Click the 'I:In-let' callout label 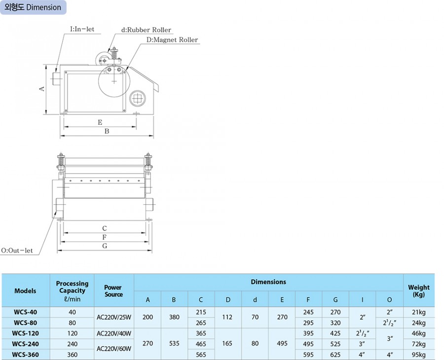(x=82, y=29)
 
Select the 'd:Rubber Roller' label (x=146, y=30)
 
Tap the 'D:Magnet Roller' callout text (x=172, y=40)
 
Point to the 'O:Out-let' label (x=17, y=251)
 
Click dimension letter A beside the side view (x=41, y=89)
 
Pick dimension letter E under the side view (x=100, y=122)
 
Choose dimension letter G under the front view (x=105, y=246)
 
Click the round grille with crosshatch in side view (x=138, y=99)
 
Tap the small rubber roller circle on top (x=102, y=60)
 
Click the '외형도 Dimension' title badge (x=33, y=7)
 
